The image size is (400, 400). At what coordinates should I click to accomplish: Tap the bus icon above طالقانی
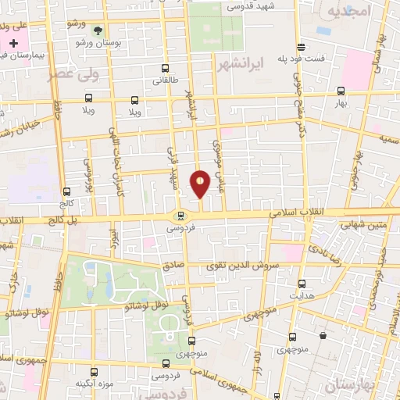coord(164,69)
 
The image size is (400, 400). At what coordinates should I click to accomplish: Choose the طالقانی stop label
coord(164,80)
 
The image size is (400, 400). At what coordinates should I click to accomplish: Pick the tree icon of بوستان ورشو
coord(98,30)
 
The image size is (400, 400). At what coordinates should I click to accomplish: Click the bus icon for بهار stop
coord(340,91)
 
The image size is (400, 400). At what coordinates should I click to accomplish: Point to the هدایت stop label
coord(302,297)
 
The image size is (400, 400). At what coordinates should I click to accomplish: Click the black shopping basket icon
coord(322,336)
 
